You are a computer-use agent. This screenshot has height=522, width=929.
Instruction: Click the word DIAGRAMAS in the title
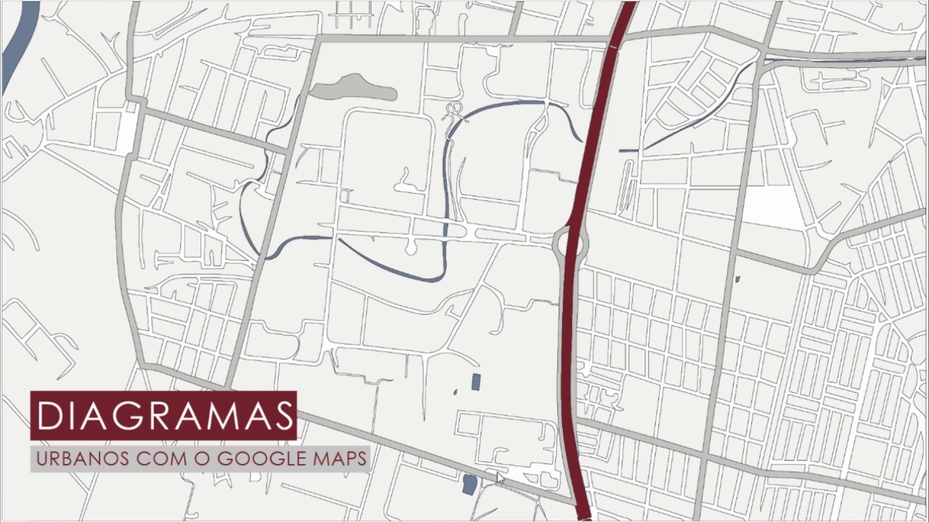[x=163, y=415]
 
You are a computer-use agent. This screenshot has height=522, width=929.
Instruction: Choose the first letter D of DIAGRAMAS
[x=49, y=415]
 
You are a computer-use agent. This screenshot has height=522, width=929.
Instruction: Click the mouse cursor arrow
[x=499, y=478]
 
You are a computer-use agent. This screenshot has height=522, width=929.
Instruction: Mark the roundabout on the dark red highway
[x=570, y=242]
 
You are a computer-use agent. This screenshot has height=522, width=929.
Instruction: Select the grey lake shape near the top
[x=353, y=88]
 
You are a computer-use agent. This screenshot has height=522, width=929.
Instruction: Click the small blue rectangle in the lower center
[x=476, y=381]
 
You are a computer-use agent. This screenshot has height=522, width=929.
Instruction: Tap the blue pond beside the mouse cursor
[x=470, y=484]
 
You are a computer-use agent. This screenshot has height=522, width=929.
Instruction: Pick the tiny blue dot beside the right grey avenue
[x=737, y=279]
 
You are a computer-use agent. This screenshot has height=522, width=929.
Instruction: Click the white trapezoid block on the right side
[x=774, y=207]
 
